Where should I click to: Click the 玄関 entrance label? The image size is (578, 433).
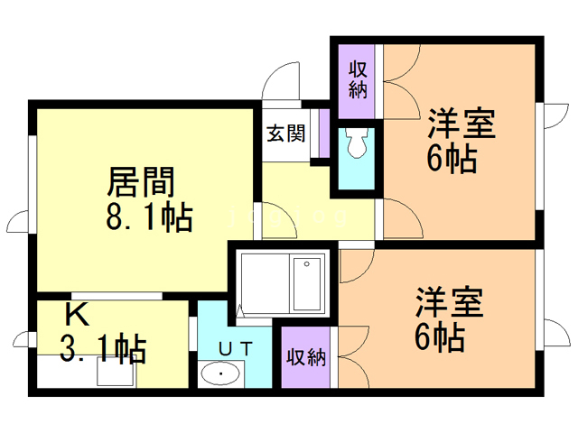pos(285,133)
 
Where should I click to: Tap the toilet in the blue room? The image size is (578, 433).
pos(355,143)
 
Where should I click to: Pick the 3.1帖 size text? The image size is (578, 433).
pos(98,347)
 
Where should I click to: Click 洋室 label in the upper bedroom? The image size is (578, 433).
pos(461,124)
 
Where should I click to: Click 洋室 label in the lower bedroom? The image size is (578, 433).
pos(449,301)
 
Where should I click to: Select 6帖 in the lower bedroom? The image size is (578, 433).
pos(440,337)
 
